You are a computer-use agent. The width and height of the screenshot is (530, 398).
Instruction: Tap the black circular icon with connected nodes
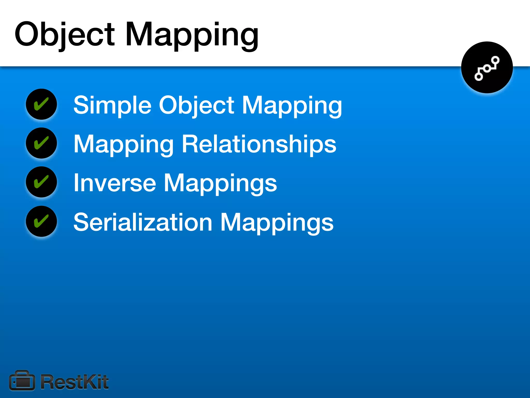[x=487, y=67]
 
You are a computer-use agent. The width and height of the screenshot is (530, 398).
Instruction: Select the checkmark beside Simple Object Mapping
[x=41, y=104]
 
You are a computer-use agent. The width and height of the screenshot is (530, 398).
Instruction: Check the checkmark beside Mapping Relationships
[x=41, y=143]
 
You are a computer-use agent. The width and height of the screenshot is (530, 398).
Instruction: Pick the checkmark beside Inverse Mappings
[x=41, y=182]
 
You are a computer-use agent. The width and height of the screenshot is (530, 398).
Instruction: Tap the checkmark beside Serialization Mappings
[x=41, y=221]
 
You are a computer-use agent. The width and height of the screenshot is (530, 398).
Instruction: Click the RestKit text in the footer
[x=75, y=382]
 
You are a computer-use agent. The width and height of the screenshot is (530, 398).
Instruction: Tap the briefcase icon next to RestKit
[x=22, y=381]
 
